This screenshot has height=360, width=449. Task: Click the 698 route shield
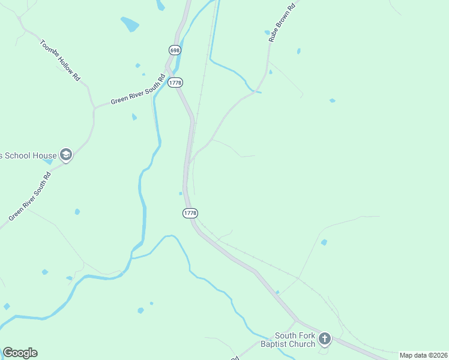coord(175,50)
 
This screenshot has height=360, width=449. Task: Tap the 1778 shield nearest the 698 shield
coord(175,83)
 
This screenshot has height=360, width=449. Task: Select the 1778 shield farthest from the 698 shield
coord(190,213)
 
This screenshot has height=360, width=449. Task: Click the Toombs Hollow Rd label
coord(60,60)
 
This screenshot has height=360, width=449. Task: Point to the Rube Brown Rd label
coord(282,24)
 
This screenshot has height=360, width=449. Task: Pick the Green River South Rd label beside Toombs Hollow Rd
coord(137,91)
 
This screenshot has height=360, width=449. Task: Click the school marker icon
coord(65,155)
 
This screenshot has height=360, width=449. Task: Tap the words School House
coord(28,156)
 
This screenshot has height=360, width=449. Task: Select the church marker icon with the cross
coord(325,340)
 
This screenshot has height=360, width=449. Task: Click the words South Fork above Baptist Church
coord(295,335)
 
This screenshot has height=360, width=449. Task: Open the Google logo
coord(20,353)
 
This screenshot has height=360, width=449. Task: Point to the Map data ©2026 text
coord(423,355)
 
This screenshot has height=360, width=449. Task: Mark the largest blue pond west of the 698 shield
coord(130,24)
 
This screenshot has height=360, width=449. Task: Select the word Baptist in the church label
coord(274,344)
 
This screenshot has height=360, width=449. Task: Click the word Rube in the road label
coord(274,35)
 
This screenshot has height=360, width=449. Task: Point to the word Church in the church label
coord(302,344)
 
